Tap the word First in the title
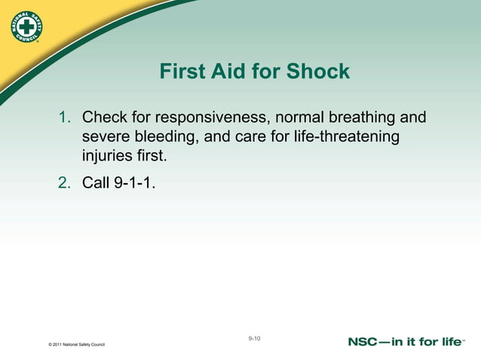click(183, 72)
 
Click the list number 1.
click(65, 118)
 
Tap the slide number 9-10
click(254, 339)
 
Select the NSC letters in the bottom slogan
click(366, 342)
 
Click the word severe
click(106, 138)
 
